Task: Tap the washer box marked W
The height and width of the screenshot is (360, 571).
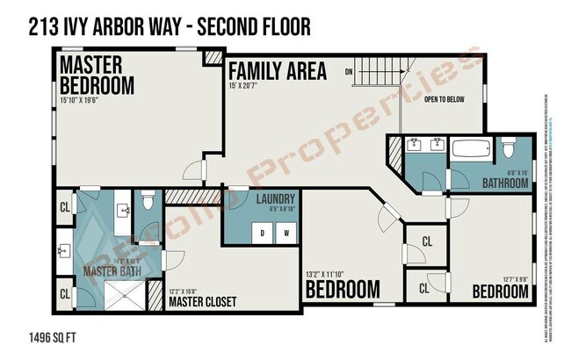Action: (285, 233)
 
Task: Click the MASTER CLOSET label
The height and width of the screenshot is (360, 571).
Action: (202, 302)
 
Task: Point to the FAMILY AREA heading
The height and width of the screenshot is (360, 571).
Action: (278, 71)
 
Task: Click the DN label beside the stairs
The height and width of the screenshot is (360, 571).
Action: (348, 71)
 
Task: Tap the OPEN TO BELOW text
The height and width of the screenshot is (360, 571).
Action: (456, 100)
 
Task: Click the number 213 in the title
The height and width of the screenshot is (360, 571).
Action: (43, 26)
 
